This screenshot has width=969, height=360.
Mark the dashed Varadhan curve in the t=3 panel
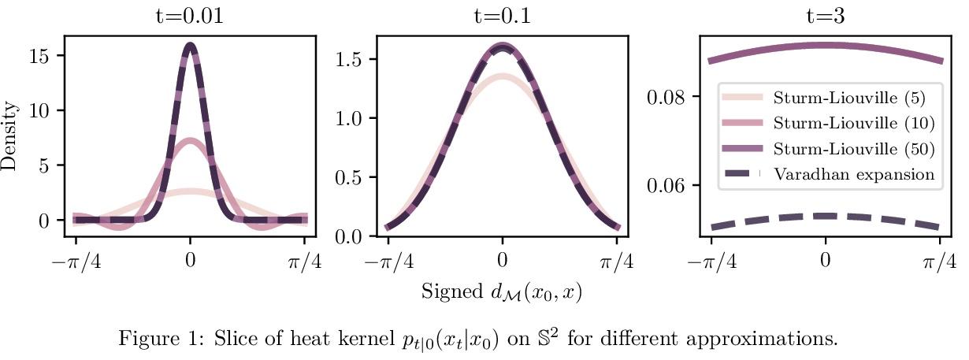point(825,216)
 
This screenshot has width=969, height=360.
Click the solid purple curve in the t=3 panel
point(825,46)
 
